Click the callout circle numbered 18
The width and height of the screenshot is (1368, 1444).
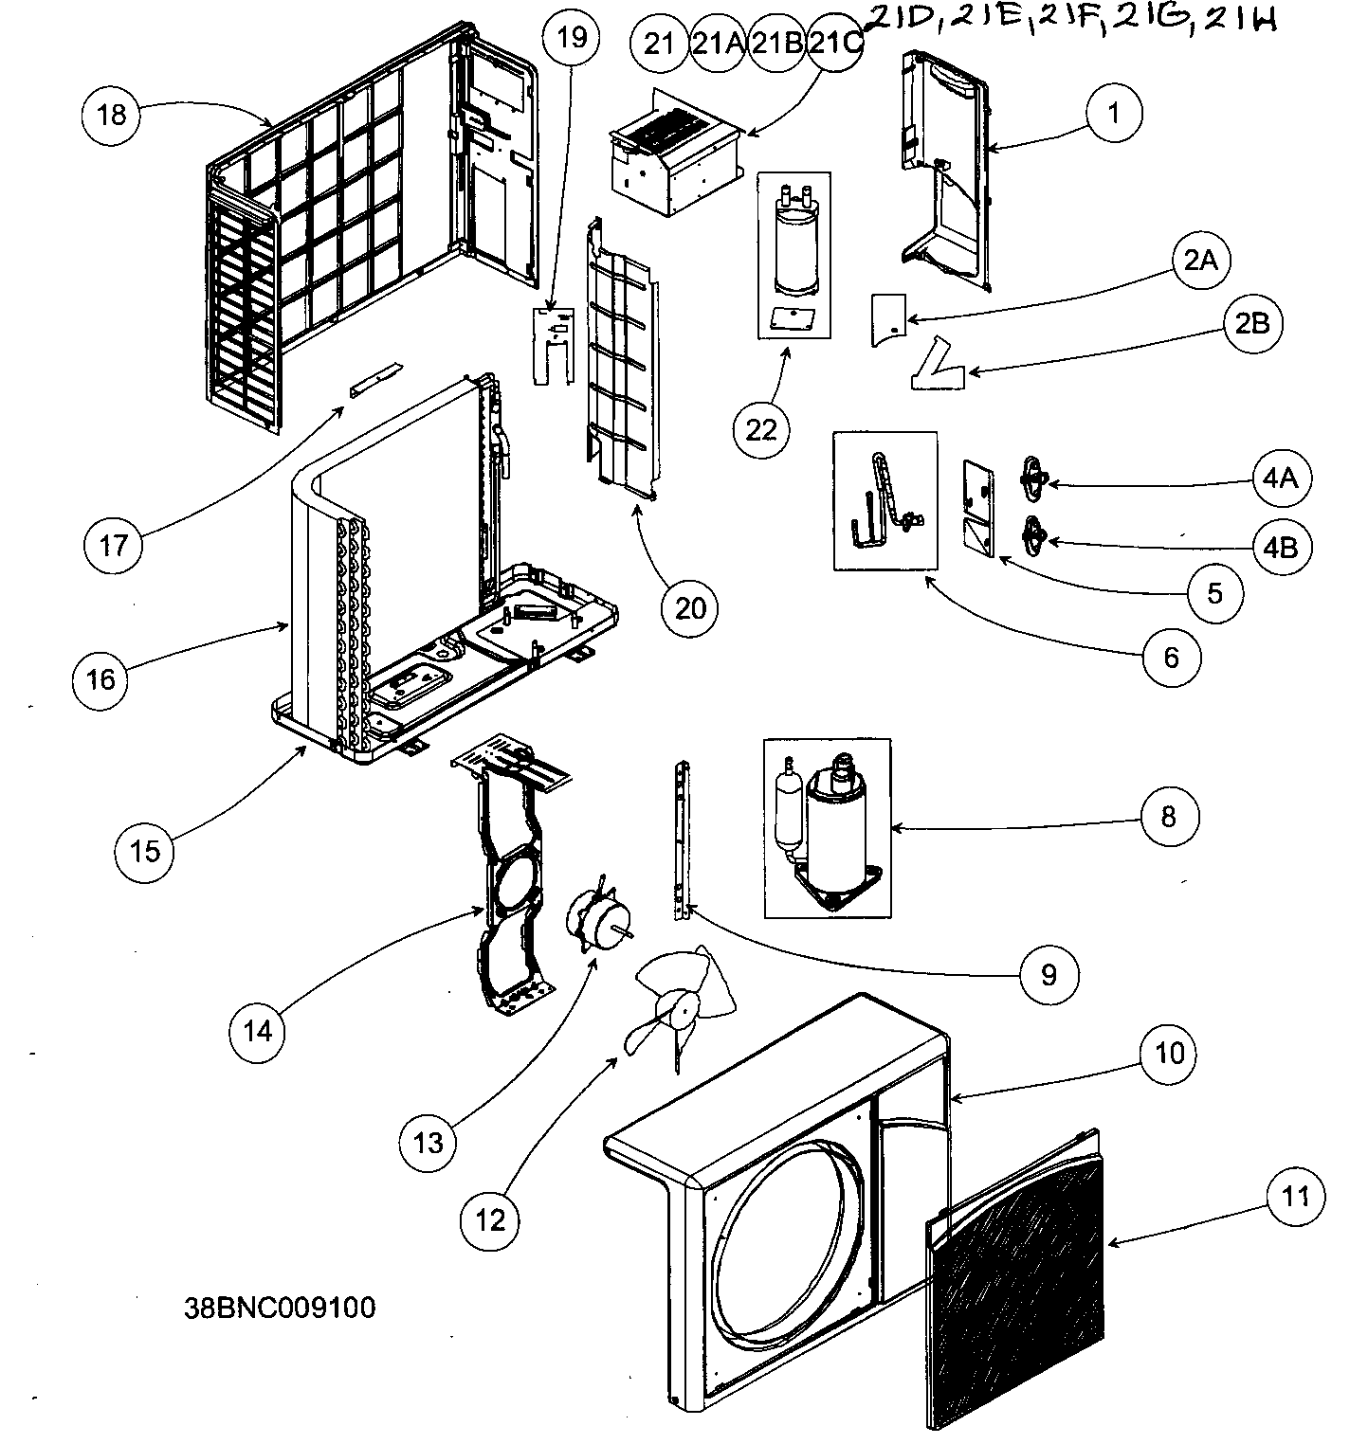[x=111, y=115]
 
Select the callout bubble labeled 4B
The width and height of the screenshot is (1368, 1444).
[x=1281, y=547]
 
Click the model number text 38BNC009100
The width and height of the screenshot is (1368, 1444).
[x=280, y=1308]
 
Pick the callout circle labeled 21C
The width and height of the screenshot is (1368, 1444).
[x=835, y=45]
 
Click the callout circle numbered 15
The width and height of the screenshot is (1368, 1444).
[x=145, y=850]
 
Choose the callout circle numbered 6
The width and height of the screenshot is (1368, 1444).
[x=1171, y=656]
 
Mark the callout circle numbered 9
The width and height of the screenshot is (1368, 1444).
[x=1049, y=973]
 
